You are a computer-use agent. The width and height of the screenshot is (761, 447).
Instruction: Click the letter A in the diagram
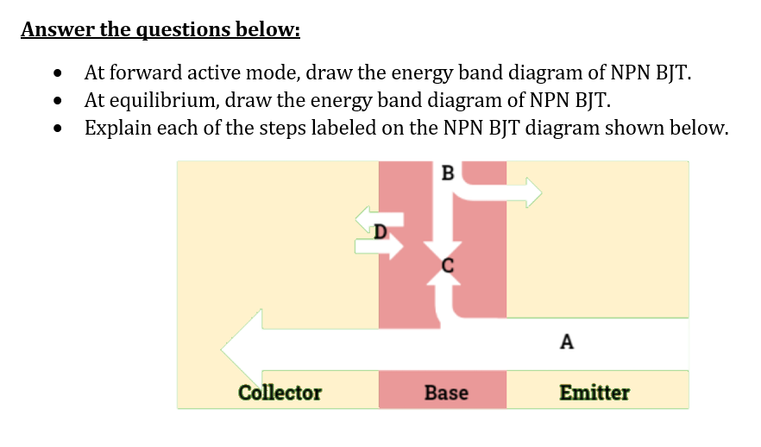566,342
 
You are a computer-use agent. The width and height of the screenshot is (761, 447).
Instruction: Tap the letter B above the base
447,172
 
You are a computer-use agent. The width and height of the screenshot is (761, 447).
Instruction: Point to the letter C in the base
447,266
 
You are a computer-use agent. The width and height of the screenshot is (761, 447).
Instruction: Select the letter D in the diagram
380,230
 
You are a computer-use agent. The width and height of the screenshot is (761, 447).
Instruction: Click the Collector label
280,393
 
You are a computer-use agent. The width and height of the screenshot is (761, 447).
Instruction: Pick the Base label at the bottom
446,393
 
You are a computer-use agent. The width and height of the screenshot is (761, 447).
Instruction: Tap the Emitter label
594,393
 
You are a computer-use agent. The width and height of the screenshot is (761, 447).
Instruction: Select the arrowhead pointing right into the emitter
531,192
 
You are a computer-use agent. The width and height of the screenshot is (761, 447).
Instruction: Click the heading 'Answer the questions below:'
160,30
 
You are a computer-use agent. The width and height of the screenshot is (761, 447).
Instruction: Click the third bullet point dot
58,130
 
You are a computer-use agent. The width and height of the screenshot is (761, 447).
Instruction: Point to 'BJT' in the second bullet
594,100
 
